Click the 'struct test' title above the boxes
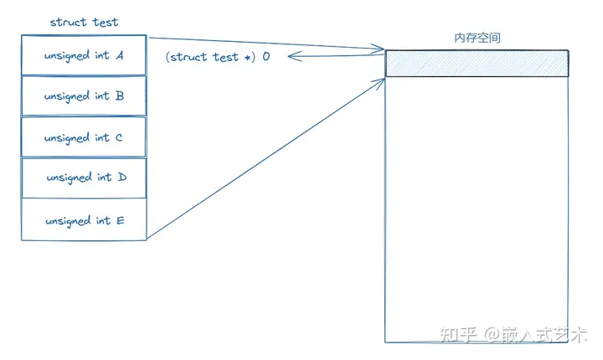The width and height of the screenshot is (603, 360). tap(84, 22)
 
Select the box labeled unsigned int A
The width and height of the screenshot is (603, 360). tap(84, 55)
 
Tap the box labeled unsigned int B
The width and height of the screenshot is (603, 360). tap(84, 96)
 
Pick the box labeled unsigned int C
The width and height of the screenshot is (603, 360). tap(84, 137)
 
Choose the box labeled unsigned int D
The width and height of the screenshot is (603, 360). tap(84, 177)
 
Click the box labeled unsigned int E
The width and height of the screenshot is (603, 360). tap(84, 220)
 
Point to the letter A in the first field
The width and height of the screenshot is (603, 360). tap(120, 55)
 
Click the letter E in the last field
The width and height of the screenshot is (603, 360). tap(120, 220)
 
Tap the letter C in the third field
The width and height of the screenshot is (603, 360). tap(119, 137)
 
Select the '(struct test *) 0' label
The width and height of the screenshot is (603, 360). tap(217, 57)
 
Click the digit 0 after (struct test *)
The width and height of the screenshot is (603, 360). tap(266, 57)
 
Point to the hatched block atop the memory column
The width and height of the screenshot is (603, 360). tap(477, 64)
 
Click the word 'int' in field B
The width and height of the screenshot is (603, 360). tap(103, 96)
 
